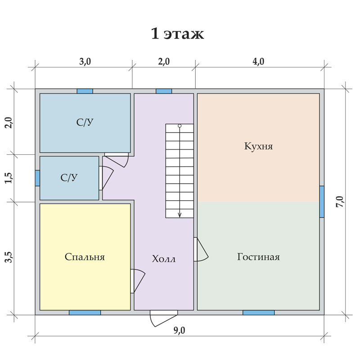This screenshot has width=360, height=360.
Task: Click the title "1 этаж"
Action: coord(177,34)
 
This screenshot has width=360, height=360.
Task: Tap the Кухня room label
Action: coord(258,146)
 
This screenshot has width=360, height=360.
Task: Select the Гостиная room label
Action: coord(258,256)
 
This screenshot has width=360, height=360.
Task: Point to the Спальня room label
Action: coord(85,257)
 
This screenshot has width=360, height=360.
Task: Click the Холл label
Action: coord(164,259)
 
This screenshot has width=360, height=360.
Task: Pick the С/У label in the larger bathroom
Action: coord(85,122)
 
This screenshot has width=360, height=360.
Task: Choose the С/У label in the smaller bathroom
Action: coord(69,178)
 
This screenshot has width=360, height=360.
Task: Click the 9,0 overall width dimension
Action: coord(179,330)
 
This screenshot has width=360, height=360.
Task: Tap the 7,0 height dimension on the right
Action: coord(340,202)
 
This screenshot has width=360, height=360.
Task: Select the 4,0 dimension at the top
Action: coord(258,62)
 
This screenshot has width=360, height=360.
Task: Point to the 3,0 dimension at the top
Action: coord(85,62)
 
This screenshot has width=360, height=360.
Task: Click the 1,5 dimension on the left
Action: coord(9,178)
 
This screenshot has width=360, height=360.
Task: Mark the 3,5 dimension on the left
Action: coord(9,257)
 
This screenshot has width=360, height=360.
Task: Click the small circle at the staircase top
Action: coord(180,126)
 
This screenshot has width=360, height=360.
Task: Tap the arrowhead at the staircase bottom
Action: coord(180,215)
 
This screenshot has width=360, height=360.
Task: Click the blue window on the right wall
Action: coord(322,202)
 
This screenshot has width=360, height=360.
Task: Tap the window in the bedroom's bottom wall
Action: coord(85,312)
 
